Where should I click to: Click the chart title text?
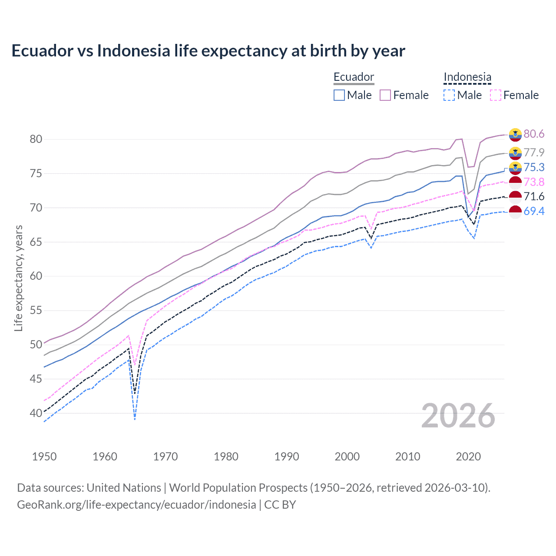208,51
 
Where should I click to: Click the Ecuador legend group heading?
354,77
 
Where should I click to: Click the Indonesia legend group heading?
467,77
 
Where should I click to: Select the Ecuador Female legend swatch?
385,95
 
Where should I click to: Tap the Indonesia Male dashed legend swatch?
449,95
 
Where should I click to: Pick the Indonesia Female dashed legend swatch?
495,95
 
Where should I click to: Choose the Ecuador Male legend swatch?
339,95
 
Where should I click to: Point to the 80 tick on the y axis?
36,139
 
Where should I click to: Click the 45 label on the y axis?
36,379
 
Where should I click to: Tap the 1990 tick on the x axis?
287,457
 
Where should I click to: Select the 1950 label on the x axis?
44,457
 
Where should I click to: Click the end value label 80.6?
534,134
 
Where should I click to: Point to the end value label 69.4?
534,211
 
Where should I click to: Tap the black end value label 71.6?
534,196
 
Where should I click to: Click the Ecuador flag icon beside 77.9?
515,152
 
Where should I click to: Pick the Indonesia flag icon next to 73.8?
515,182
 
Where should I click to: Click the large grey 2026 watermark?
458,416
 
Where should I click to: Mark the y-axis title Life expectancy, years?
19,278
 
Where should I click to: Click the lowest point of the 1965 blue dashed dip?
135,419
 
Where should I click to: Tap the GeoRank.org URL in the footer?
136,505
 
